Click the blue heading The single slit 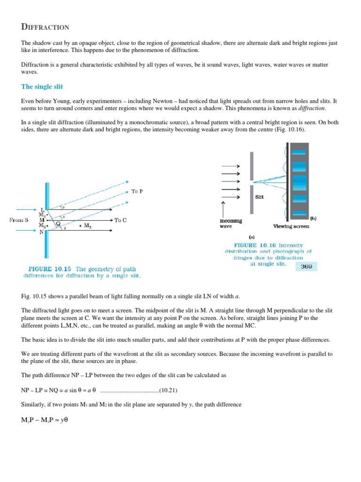tap(42, 87)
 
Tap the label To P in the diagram tap(137, 192)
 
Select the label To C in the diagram tap(120, 220)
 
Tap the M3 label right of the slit tap(87, 226)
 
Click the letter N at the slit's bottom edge tap(42, 231)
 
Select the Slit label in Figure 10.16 tap(259, 197)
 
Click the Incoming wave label tap(230, 223)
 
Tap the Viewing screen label tap(291, 226)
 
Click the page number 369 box tap(306, 267)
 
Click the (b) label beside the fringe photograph tap(313, 218)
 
